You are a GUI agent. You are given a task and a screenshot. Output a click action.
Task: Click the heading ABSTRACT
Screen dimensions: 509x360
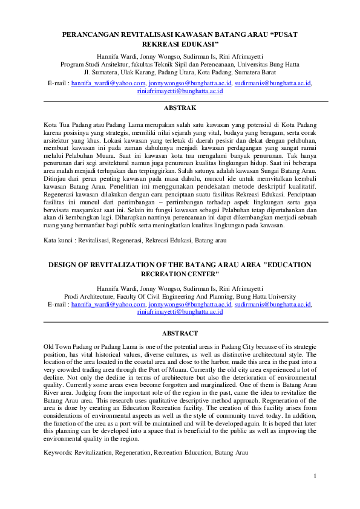click(x=180, y=333)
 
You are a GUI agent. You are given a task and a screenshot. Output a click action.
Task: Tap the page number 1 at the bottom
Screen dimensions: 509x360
click(x=315, y=478)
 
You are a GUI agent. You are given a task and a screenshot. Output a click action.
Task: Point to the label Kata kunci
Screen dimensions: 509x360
click(x=60, y=240)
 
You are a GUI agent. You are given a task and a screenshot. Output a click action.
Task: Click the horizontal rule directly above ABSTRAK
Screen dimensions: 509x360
click(x=180, y=100)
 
